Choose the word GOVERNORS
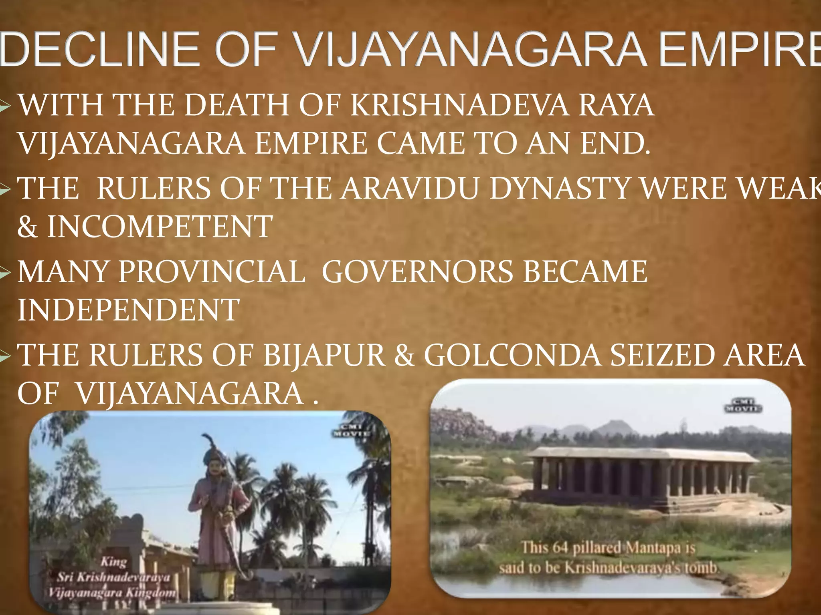417,272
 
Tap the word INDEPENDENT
128,310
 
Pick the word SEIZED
661,355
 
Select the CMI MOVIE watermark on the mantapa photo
742,406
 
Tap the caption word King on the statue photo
113,561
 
